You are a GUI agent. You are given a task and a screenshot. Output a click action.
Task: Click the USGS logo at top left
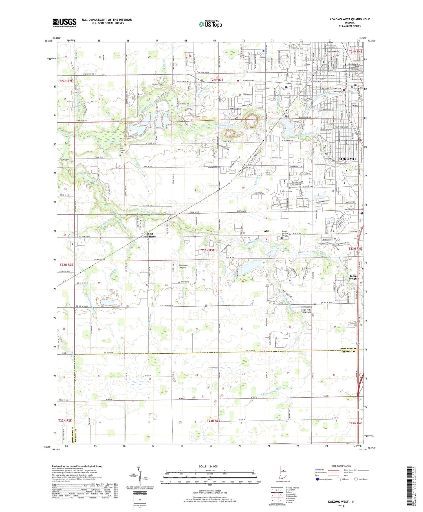[64, 23]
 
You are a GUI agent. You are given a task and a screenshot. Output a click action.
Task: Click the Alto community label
[266, 231]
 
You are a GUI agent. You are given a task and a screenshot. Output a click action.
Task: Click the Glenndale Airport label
[183, 267]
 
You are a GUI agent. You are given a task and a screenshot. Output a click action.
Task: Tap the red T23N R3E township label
[208, 250]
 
